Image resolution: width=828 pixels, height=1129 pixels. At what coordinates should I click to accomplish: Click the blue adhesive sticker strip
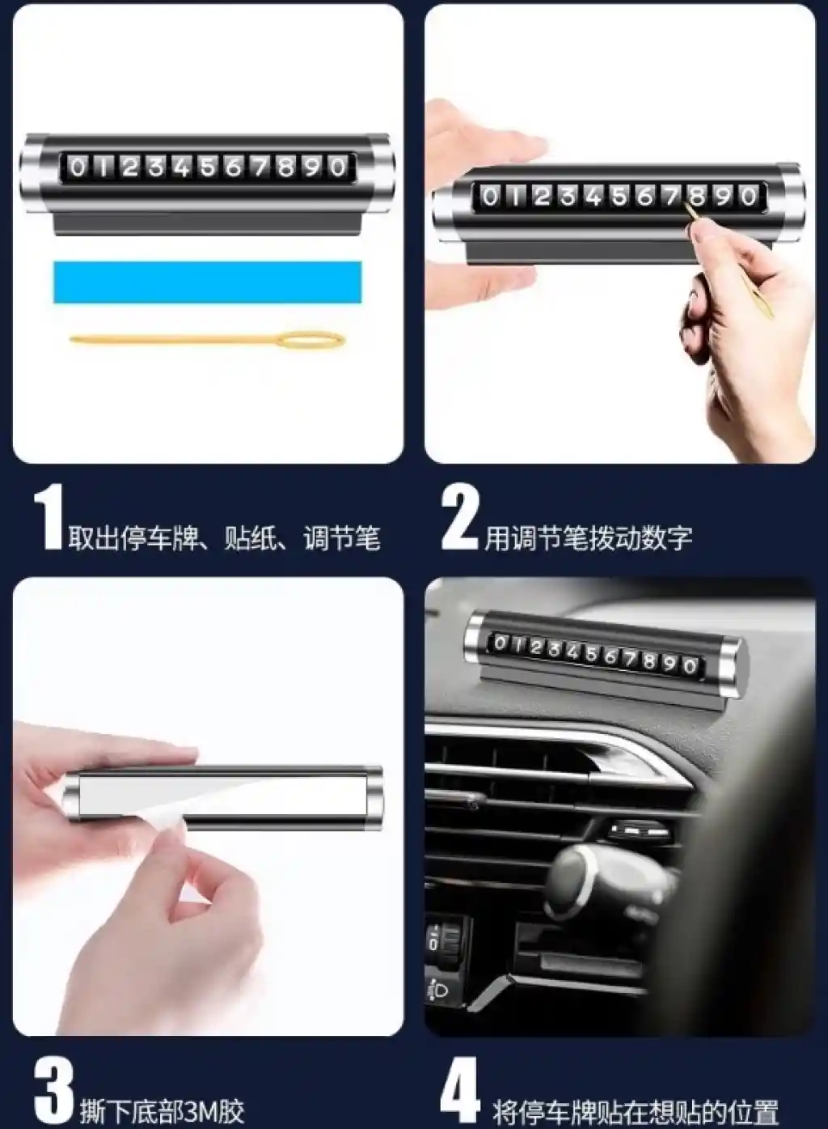pyautogui.click(x=208, y=282)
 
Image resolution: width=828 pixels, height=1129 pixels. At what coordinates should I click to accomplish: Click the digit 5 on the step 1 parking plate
pyautogui.click(x=208, y=168)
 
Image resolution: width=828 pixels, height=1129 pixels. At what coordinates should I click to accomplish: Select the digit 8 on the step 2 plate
pyautogui.click(x=697, y=197)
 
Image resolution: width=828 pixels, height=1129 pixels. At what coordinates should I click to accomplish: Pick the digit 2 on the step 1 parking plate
pyautogui.click(x=130, y=167)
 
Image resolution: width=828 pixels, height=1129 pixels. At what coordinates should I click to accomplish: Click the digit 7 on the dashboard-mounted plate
pyautogui.click(x=630, y=659)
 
